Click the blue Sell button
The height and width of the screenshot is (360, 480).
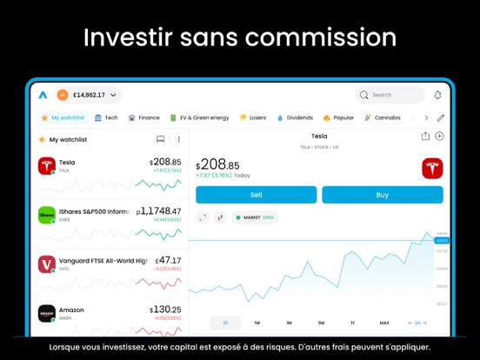[x=256, y=195]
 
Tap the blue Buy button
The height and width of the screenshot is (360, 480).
[x=382, y=195]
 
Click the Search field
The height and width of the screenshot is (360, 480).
[x=390, y=95]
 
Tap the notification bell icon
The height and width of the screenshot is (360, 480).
[x=437, y=95]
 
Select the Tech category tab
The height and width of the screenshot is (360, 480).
[x=106, y=117]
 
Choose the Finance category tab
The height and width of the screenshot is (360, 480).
[x=144, y=117]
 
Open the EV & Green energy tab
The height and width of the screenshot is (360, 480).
[x=200, y=117]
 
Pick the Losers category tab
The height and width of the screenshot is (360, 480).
[x=253, y=117]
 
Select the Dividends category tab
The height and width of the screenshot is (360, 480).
[x=295, y=117]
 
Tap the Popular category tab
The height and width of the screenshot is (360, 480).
[x=338, y=117]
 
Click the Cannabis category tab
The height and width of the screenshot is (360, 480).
[x=383, y=117]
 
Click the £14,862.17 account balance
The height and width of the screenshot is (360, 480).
[x=88, y=95]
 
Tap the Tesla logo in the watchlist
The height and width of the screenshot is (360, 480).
[x=47, y=165]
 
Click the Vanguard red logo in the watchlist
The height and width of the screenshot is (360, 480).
[x=47, y=263]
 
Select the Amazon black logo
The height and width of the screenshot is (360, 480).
[x=47, y=313]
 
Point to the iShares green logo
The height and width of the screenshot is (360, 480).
[x=47, y=214]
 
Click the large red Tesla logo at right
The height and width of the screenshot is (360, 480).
[x=432, y=169]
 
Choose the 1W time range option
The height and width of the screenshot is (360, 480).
[x=257, y=323]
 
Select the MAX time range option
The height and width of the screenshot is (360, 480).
[x=384, y=323]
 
